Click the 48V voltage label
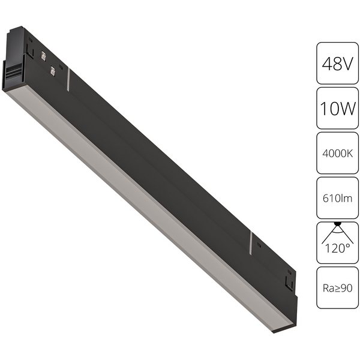tap(337, 64)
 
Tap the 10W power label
tap(337, 108)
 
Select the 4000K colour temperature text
tap(337, 154)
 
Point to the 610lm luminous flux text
tap(337, 198)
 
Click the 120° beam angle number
tap(337, 248)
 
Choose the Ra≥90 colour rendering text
tap(337, 288)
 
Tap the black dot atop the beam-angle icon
tap(337, 223)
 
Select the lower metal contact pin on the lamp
tap(53, 70)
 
